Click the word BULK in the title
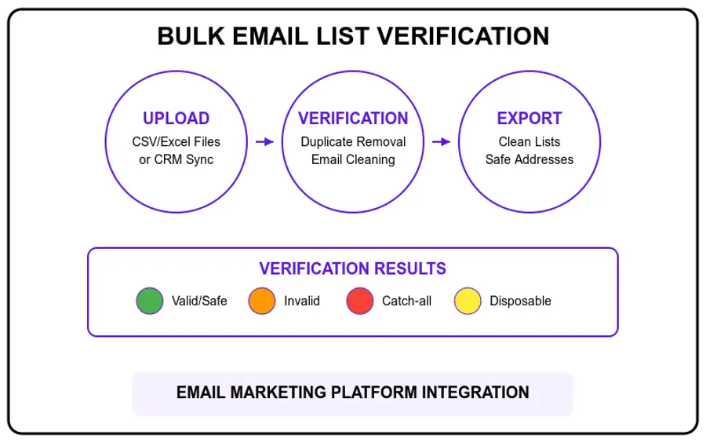pyautogui.click(x=187, y=37)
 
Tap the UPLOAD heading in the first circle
pyautogui.click(x=176, y=119)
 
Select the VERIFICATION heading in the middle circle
pyautogui.click(x=353, y=119)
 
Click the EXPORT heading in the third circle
pyautogui.click(x=529, y=119)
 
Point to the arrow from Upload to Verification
pyautogui.click(x=264, y=142)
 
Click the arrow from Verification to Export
pyautogui.click(x=442, y=142)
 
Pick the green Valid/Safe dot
pyautogui.click(x=149, y=301)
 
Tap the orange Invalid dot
pyautogui.click(x=262, y=301)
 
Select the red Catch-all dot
pyautogui.click(x=359, y=301)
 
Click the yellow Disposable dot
pyautogui.click(x=468, y=301)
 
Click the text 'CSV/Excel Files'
pyautogui.click(x=176, y=142)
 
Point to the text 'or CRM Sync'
pyautogui.click(x=176, y=159)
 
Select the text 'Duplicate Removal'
pyautogui.click(x=353, y=142)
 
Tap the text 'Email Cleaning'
pyautogui.click(x=353, y=159)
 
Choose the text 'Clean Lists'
pyautogui.click(x=529, y=142)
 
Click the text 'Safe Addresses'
pyautogui.click(x=529, y=159)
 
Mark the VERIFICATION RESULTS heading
pyautogui.click(x=353, y=268)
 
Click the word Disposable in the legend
pyautogui.click(x=520, y=301)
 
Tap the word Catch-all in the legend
pyautogui.click(x=406, y=301)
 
